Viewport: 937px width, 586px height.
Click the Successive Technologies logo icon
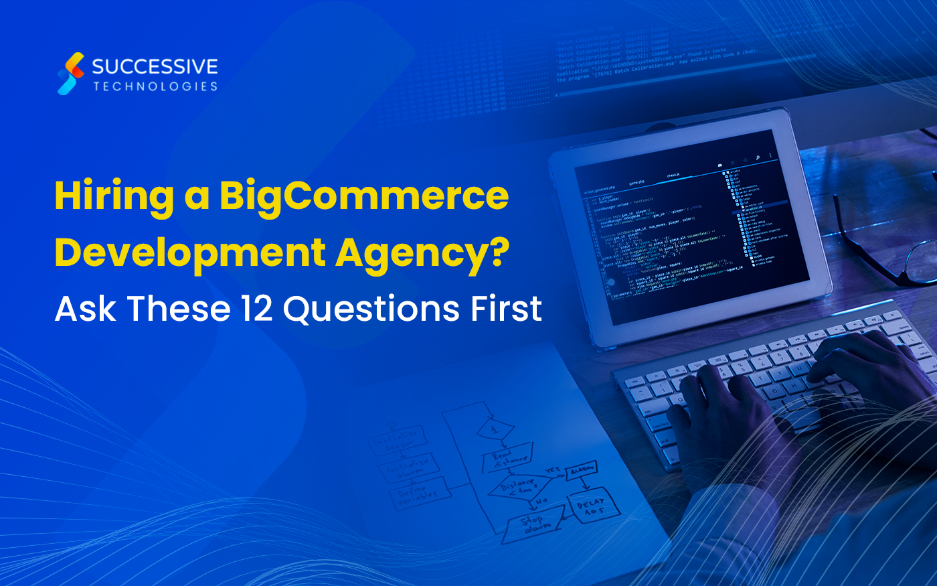pyautogui.click(x=71, y=74)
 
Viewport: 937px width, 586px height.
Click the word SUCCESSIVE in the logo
pyautogui.click(x=155, y=66)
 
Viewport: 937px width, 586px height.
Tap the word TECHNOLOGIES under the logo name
pyautogui.click(x=155, y=86)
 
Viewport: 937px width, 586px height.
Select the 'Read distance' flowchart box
pyautogui.click(x=507, y=459)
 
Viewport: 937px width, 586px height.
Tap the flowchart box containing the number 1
pyautogui.click(x=495, y=428)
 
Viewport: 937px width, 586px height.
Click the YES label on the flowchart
pyautogui.click(x=553, y=471)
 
